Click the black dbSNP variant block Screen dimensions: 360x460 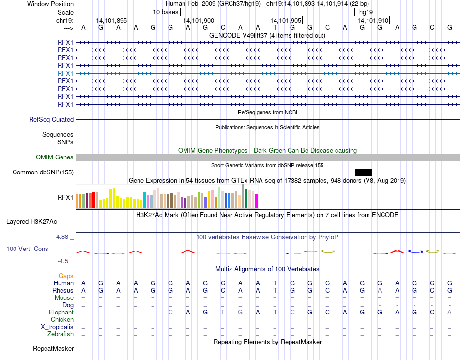point(363,172)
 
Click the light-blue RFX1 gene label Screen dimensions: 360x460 point(65,73)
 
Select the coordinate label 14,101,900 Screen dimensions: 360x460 point(199,20)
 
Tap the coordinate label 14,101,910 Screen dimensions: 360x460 point(373,20)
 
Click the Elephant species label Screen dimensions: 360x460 point(61,313)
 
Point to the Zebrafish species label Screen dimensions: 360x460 point(61,334)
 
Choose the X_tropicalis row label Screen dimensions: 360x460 point(57,327)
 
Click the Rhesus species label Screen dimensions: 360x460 point(63,291)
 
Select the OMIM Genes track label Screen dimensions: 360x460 point(55,157)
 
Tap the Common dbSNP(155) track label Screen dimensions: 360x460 point(43,172)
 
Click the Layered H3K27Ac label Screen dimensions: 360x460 point(31,222)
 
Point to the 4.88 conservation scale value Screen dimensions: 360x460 point(63,237)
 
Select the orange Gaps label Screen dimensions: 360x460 point(66,276)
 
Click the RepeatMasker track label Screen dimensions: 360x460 point(53,349)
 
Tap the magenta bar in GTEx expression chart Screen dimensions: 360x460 point(257,201)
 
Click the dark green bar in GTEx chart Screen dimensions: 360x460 point(246,199)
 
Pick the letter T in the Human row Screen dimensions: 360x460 point(275,283)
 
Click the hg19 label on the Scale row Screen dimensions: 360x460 point(366,12)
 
